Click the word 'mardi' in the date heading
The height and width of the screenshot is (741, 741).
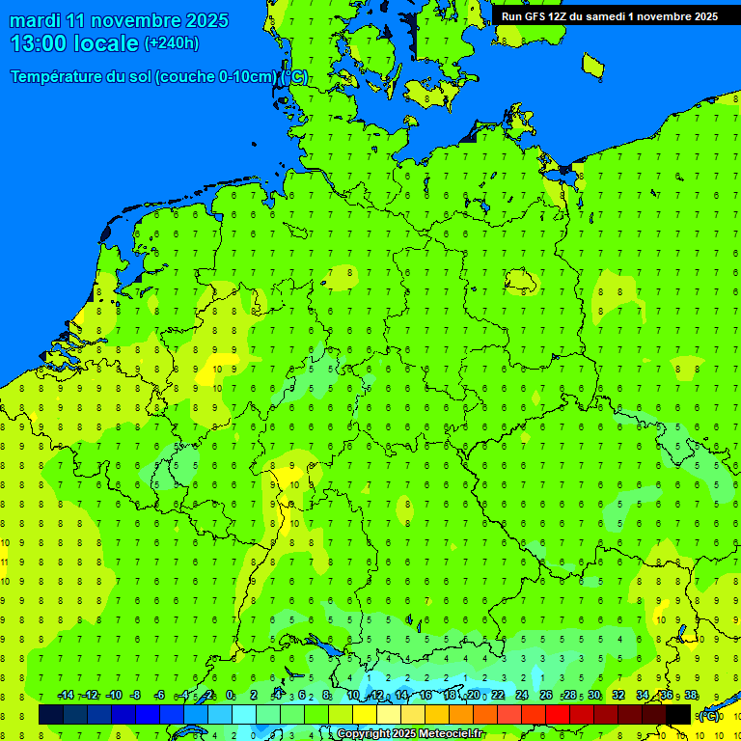click(35, 20)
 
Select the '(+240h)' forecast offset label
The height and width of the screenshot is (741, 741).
click(172, 43)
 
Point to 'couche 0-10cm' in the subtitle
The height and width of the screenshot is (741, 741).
click(228, 77)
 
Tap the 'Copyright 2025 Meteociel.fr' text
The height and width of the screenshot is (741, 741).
click(410, 734)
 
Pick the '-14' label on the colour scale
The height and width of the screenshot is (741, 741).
click(67, 696)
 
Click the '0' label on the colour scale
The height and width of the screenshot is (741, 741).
click(230, 696)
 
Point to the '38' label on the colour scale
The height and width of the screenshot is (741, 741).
click(691, 696)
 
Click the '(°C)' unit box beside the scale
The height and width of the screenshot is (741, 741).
click(709, 715)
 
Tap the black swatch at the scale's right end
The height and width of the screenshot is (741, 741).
click(678, 715)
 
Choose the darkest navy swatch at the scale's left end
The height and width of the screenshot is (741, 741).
click(51, 715)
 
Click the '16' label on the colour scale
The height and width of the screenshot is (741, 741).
click(425, 696)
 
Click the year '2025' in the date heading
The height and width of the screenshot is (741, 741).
click(206, 20)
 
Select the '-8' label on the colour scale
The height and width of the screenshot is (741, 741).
click(136, 696)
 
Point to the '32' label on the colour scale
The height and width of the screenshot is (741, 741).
click(618, 696)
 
